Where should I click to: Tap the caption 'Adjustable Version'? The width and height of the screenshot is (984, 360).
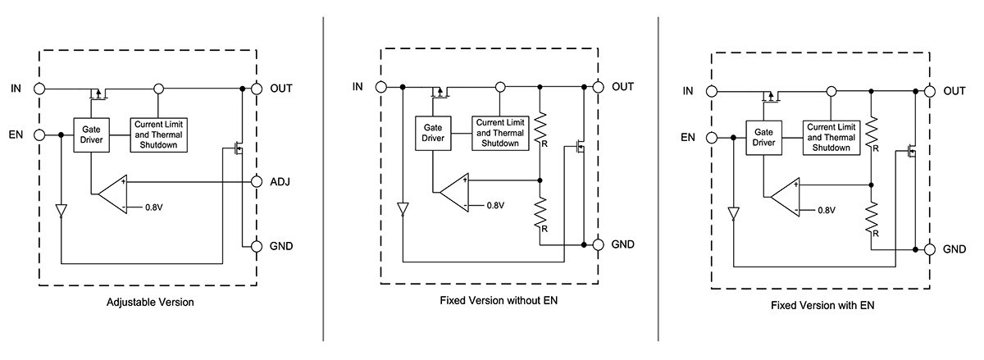tap(150, 302)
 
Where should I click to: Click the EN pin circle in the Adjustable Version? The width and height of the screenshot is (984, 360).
tap(39, 134)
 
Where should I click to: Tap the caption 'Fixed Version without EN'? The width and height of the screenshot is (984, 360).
tap(494, 301)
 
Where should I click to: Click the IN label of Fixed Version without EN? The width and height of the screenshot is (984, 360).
tap(358, 87)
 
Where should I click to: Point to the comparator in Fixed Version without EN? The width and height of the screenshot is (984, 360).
tap(453, 193)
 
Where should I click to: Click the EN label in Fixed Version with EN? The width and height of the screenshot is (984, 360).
tap(689, 138)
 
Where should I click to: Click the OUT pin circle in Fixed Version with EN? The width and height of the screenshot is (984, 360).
tap(930, 92)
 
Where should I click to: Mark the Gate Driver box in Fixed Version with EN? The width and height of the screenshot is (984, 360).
tap(763, 136)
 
